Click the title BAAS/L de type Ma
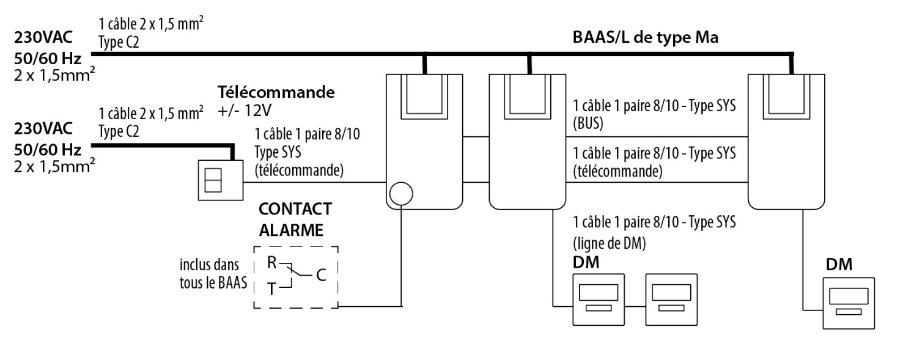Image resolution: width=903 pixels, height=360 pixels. coord(646,37)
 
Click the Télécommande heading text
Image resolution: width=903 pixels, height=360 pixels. coord(276,94)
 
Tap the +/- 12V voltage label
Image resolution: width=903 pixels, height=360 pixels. coord(248,111)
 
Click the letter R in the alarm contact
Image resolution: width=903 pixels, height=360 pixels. coord(271,263)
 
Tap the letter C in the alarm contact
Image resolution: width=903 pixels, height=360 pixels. coord(321,276)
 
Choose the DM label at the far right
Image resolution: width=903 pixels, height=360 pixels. coord(839,265)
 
